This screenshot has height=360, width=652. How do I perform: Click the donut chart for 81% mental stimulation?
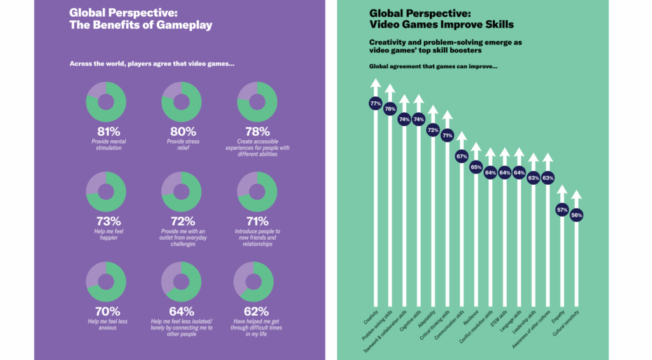pos(105,102)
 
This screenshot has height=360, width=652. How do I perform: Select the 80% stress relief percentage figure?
pos(181,131)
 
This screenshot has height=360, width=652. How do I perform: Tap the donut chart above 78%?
pos(257,102)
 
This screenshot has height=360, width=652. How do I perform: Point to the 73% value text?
pos(105,220)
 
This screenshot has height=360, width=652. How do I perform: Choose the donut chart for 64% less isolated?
pos(181,282)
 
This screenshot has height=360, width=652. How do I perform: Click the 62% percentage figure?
pos(257,311)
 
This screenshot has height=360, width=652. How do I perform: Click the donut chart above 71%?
pos(257,192)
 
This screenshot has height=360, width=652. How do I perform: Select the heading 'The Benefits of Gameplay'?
pos(140,26)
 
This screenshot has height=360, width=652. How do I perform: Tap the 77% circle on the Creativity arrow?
pos(375,103)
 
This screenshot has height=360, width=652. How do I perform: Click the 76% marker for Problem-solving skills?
pos(390,109)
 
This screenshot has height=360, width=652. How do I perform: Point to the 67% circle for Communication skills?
pos(462,156)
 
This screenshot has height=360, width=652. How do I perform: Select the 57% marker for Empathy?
pos(562,209)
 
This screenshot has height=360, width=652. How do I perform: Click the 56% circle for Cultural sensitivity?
pos(576,215)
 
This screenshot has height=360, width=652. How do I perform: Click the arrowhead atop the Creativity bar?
pos(375,83)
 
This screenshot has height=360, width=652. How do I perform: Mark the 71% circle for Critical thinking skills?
pos(447,135)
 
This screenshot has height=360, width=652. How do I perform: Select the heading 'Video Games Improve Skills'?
pos(441,24)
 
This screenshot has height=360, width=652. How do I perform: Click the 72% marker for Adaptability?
pos(433,130)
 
